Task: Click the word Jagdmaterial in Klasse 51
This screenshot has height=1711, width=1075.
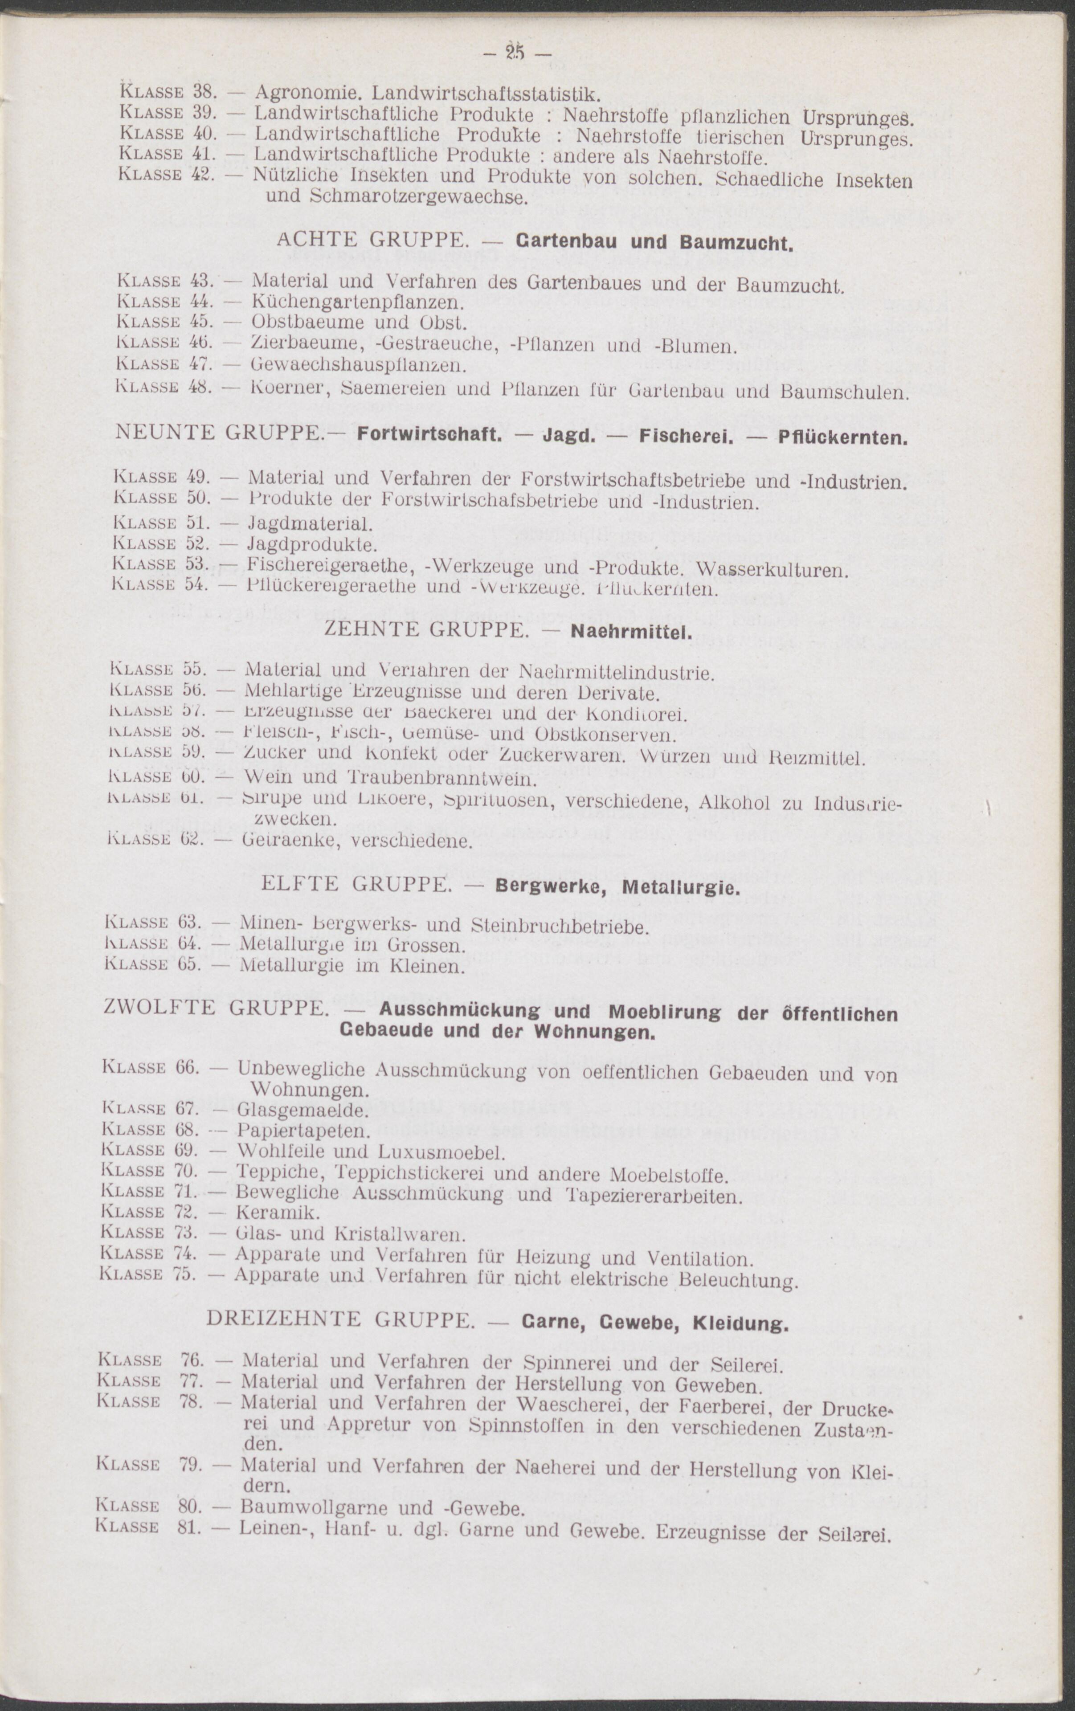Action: click(x=309, y=524)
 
